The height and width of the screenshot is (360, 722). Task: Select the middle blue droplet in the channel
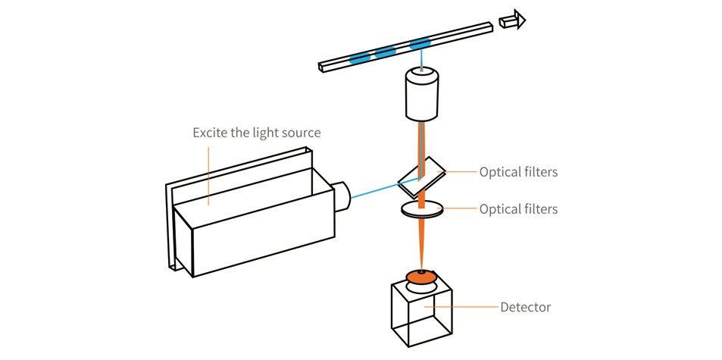[386, 52]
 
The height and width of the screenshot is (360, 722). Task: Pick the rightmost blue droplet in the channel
[419, 44]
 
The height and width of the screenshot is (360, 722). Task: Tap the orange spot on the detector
[420, 277]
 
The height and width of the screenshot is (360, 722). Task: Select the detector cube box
[420, 315]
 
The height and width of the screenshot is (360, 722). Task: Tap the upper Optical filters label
[518, 172]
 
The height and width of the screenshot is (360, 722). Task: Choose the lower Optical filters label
[518, 208]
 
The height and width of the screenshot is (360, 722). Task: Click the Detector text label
[526, 307]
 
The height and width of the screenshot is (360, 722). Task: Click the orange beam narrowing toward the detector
[421, 243]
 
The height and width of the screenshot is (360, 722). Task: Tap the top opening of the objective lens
[423, 74]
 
